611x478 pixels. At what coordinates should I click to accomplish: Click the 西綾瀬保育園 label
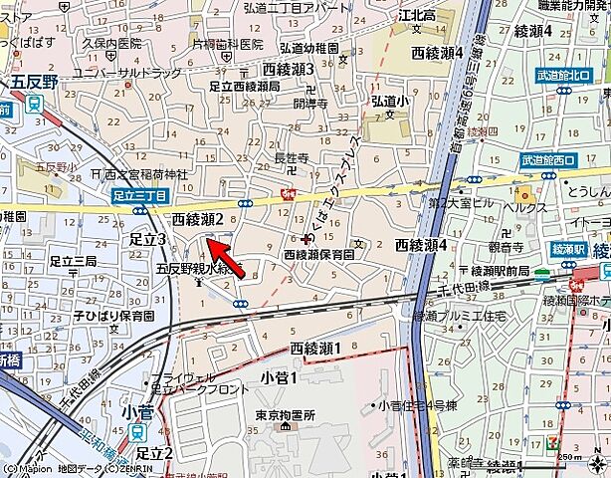319,255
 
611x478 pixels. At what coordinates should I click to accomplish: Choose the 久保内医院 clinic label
112,45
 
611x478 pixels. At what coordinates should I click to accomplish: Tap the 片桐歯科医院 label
227,45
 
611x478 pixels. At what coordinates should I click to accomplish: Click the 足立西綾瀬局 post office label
244,88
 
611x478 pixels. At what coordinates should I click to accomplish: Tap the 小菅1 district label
280,377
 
